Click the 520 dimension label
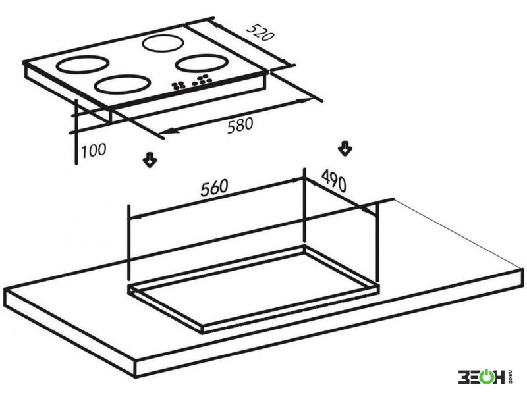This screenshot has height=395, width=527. coord(260,32)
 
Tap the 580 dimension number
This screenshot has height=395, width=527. coord(240,125)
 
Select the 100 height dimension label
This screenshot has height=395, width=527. coord(94,151)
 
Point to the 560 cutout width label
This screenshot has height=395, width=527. coord(214,188)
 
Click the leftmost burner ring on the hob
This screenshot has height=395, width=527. coord(82,65)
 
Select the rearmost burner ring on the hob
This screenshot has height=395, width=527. coord(163,43)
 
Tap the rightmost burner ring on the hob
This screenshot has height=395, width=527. coord(201,63)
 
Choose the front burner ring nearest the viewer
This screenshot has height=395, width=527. coord(122,84)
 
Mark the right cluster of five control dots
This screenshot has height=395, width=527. coord(202,80)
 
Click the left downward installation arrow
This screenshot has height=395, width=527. coord(150,160)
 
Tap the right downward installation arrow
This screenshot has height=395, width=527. coord(345,149)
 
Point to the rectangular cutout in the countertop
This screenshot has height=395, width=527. coord(254,290)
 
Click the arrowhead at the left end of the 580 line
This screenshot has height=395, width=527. coord(167,132)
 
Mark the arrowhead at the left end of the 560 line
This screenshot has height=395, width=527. coord(134,217)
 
